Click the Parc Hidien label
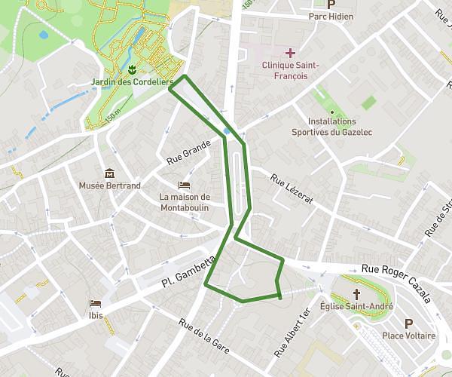point(330,17)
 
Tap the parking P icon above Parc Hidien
point(330,4)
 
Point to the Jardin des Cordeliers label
point(132,81)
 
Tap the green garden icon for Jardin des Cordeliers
point(133,70)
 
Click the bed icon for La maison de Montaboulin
point(183,185)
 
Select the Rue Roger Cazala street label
point(395,282)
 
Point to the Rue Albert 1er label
point(292,333)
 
